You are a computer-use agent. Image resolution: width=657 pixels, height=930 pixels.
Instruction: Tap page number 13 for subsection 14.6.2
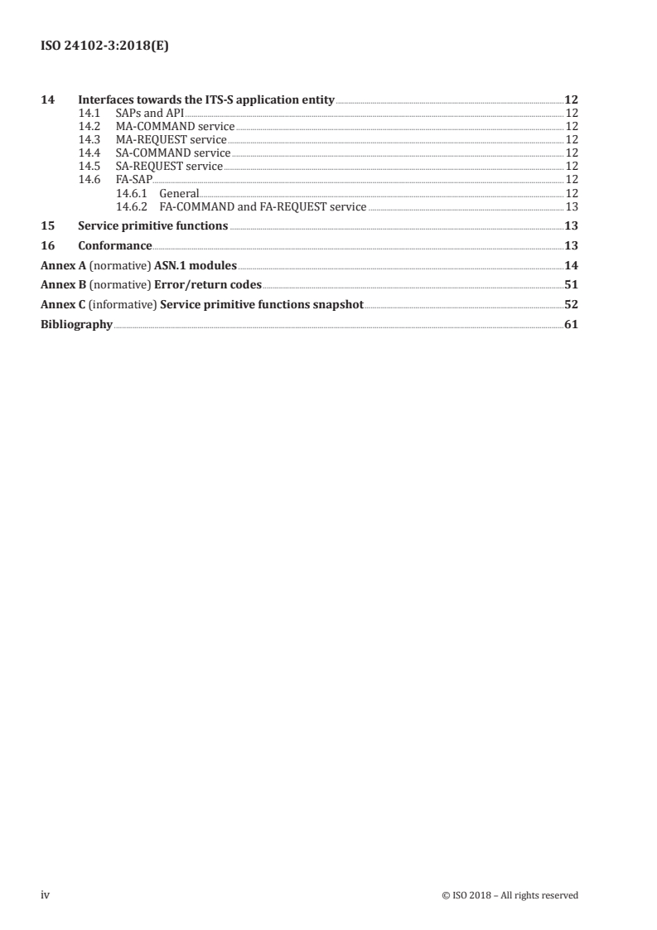tap(571, 206)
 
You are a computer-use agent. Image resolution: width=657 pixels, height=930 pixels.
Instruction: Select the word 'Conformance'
tap(114, 246)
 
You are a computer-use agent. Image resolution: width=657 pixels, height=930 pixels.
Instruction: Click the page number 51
tap(571, 286)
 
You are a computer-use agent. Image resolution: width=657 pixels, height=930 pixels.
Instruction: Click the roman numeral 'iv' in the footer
tap(46, 895)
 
